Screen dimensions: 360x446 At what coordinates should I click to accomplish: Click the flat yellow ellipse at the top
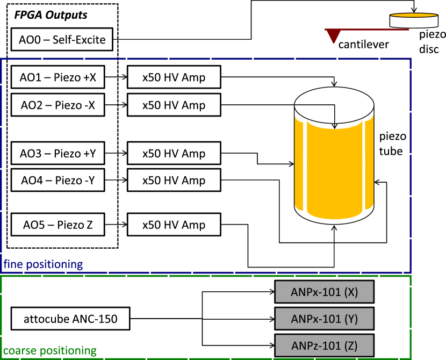coord(414,15)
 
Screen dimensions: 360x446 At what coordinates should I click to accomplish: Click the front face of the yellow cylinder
coord(334,172)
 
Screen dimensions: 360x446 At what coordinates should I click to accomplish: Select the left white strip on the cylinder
coord(307,167)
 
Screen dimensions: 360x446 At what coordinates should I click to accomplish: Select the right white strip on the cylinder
coord(361,167)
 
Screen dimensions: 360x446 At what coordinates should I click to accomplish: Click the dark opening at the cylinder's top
coord(334,119)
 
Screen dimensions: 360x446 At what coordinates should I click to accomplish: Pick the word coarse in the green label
coord(19,351)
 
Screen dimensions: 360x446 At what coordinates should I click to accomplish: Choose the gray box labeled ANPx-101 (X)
coord(324,292)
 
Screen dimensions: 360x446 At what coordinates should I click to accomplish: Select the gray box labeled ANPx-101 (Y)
coord(324,319)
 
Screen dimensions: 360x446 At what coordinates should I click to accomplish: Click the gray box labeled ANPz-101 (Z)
coord(324,345)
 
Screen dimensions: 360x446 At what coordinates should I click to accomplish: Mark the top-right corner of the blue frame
coord(411,59)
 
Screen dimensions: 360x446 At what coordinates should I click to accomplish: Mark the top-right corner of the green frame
coord(411,276)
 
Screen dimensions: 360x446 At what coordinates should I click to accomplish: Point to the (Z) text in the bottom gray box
coord(351,345)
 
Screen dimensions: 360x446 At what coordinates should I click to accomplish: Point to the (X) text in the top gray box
coord(351,292)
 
